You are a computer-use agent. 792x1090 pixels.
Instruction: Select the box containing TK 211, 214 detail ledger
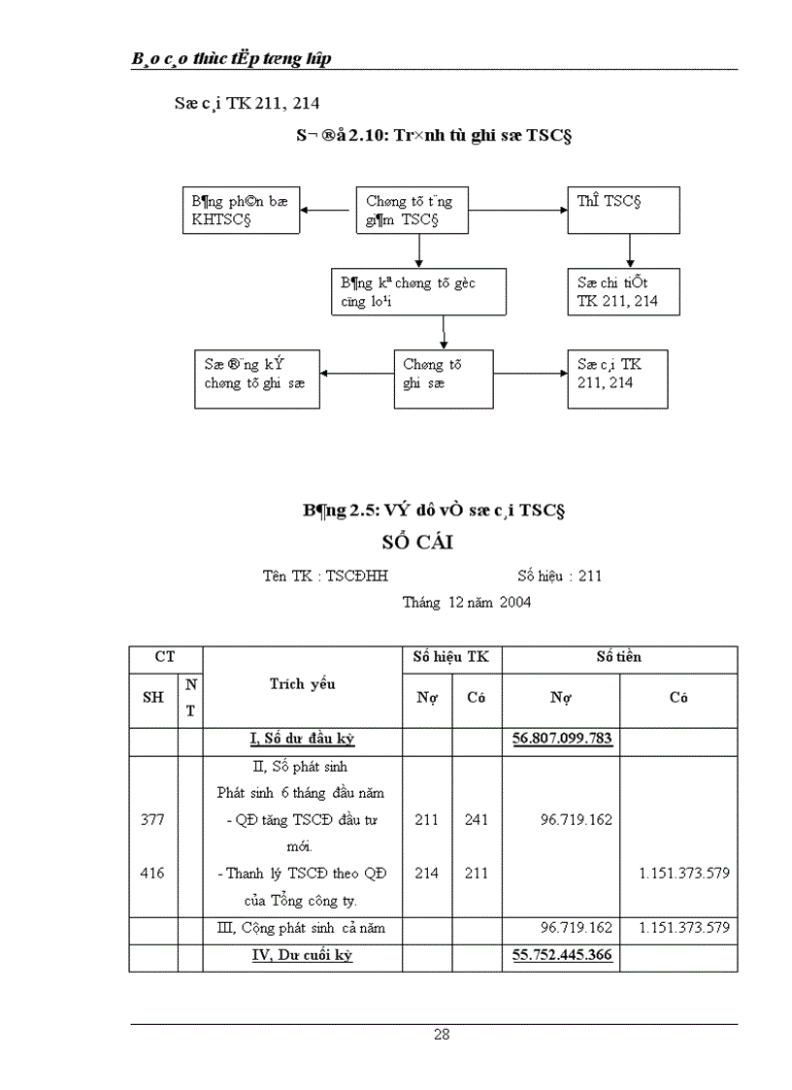(624, 291)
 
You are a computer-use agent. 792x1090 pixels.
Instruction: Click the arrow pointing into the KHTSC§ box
(325, 211)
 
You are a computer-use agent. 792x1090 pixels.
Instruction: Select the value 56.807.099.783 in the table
(562, 739)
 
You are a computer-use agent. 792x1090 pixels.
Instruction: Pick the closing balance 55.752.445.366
(562, 955)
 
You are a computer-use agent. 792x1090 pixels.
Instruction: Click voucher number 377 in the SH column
(153, 819)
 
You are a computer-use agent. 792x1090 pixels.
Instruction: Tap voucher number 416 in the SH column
(153, 873)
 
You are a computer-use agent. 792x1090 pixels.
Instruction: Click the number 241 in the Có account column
(477, 819)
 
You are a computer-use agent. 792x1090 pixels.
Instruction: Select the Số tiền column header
(619, 657)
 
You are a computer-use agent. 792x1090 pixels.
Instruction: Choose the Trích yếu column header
(303, 684)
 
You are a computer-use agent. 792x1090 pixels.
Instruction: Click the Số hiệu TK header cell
(451, 657)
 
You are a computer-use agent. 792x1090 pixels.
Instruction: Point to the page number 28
(442, 1035)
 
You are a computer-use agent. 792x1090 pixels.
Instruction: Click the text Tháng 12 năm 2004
(466, 602)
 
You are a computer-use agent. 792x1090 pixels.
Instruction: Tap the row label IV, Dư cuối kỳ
(302, 955)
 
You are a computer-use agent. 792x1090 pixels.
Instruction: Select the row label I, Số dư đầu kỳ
(302, 739)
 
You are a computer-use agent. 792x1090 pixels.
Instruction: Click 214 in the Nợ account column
(427, 873)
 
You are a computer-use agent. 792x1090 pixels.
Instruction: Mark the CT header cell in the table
(165, 657)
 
